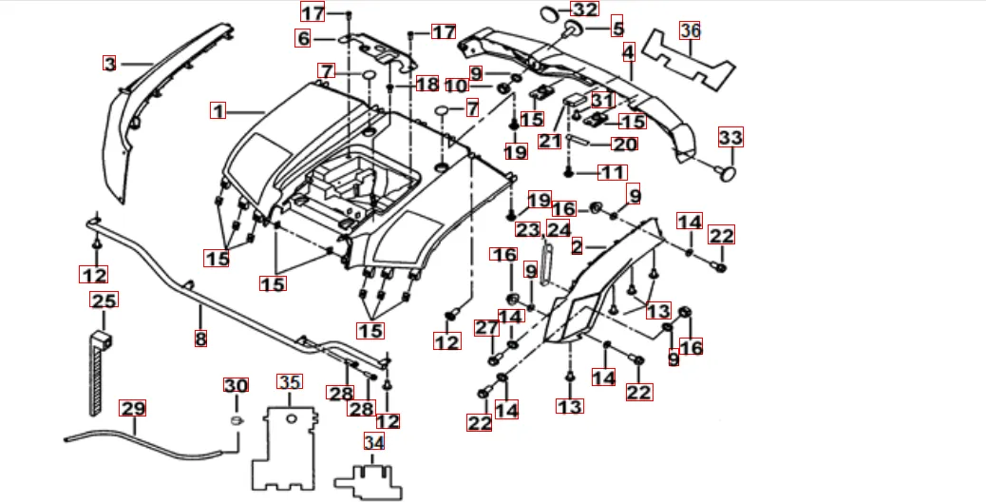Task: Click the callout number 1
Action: point(218,111)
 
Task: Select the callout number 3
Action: point(110,64)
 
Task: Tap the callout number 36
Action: point(691,30)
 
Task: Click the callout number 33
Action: point(730,138)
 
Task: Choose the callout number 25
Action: point(104,300)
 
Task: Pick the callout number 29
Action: point(133,409)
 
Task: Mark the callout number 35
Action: point(290,382)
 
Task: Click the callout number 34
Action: point(374,442)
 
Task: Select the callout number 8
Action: point(200,338)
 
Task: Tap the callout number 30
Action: point(235,385)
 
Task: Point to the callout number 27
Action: point(486,328)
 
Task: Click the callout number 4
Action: point(628,52)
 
